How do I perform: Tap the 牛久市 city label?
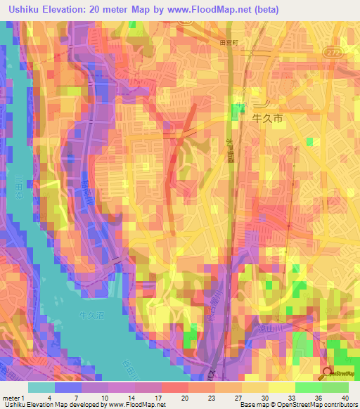point(267,119)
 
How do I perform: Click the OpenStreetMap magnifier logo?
point(329,374)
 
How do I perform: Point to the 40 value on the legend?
point(344,398)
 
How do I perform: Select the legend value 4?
point(49,398)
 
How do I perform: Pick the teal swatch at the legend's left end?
point(41,387)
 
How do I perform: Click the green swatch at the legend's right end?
point(335,387)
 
